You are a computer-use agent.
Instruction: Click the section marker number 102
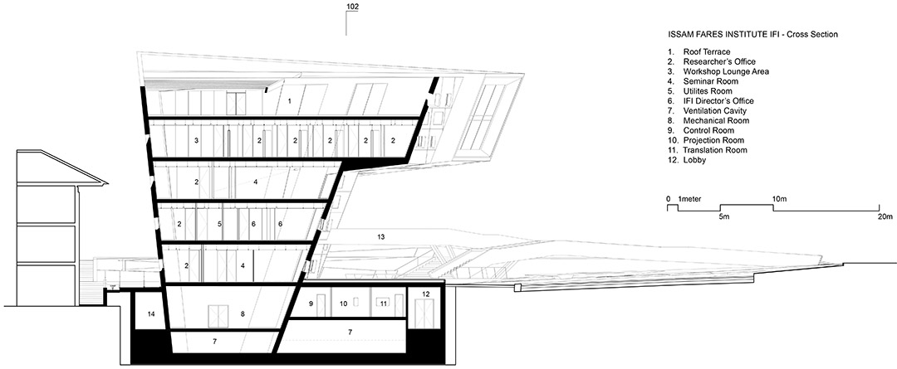[x=352, y=7]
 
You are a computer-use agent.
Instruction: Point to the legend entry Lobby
[x=694, y=161]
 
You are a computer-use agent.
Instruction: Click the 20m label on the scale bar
[x=885, y=217]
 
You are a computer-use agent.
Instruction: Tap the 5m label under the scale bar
[x=723, y=217]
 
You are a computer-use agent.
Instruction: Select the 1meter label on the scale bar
[x=689, y=199]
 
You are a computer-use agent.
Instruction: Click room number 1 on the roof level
[x=290, y=101]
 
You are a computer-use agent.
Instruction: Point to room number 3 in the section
[x=196, y=140]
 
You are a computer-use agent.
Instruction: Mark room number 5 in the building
[x=219, y=225]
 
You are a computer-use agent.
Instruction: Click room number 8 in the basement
[x=243, y=313]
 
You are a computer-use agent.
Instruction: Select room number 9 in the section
[x=311, y=303]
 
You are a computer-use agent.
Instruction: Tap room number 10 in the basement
[x=344, y=303]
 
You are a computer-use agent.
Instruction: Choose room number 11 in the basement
[x=384, y=303]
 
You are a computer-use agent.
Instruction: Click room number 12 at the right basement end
[x=425, y=294]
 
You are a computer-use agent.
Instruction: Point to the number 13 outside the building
[x=381, y=235]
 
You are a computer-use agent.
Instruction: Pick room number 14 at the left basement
[x=151, y=313]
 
